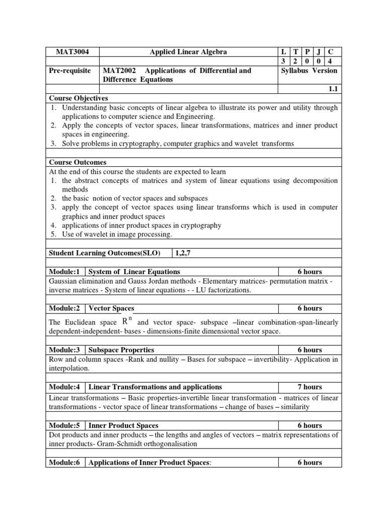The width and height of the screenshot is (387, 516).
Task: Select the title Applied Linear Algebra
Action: click(188, 52)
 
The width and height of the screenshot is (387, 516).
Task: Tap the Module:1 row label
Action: click(64, 272)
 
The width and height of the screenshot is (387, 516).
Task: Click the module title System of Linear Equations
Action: click(134, 272)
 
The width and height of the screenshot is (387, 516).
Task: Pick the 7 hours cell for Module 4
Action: click(309, 387)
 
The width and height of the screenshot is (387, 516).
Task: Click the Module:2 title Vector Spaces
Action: click(111, 308)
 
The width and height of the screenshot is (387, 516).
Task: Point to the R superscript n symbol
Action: click(127, 321)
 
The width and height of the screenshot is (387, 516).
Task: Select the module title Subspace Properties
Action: click(121, 350)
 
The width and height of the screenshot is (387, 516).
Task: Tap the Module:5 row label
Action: click(64, 425)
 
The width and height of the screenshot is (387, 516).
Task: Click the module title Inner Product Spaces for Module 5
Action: click(123, 425)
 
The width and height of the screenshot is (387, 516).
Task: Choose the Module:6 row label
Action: click(64, 462)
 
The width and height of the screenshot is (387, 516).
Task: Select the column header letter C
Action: click(331, 52)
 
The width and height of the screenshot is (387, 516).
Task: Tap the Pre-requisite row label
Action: click(70, 71)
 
